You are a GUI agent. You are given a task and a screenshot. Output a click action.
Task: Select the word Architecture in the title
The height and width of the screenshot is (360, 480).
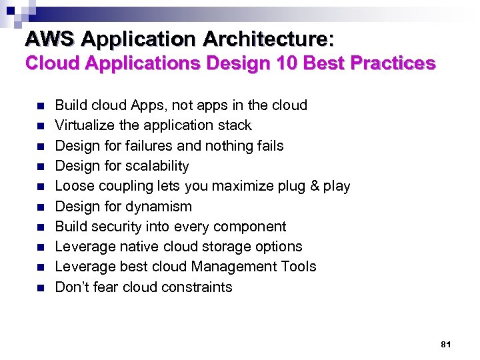pos(267,39)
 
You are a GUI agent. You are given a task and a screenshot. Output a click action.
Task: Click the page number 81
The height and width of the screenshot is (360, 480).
pos(446,345)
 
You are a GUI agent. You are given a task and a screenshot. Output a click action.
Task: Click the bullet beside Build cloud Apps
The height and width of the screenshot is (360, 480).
pos(40,106)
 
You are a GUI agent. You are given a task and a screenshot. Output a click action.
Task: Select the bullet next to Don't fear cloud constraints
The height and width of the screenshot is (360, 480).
pos(40,288)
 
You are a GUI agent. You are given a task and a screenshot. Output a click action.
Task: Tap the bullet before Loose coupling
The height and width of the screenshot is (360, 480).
pos(40,187)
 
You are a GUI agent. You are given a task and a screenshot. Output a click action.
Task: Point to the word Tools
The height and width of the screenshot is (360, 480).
pos(299,267)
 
